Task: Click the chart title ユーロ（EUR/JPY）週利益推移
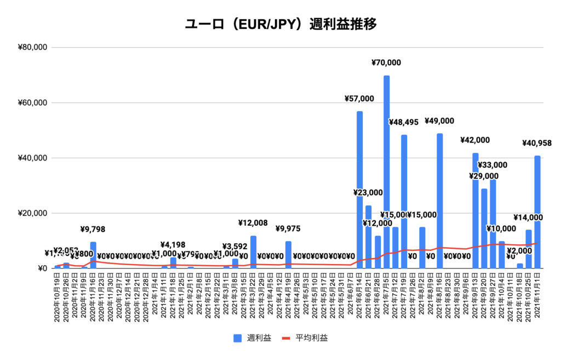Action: click(280, 25)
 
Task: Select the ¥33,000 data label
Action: click(493, 165)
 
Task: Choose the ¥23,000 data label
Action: click(368, 193)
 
